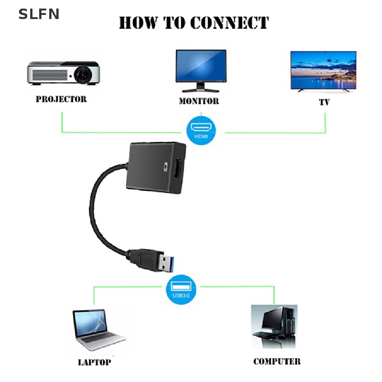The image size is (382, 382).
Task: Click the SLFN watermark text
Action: (x=39, y=14)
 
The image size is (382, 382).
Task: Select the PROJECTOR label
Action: (x=61, y=99)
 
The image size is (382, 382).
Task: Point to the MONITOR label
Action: (x=199, y=101)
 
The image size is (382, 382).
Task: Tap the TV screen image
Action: (x=323, y=70)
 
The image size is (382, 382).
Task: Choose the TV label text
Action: (x=324, y=102)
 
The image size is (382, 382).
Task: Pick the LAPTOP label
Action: (x=94, y=362)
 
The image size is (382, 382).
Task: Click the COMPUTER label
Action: (x=276, y=361)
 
